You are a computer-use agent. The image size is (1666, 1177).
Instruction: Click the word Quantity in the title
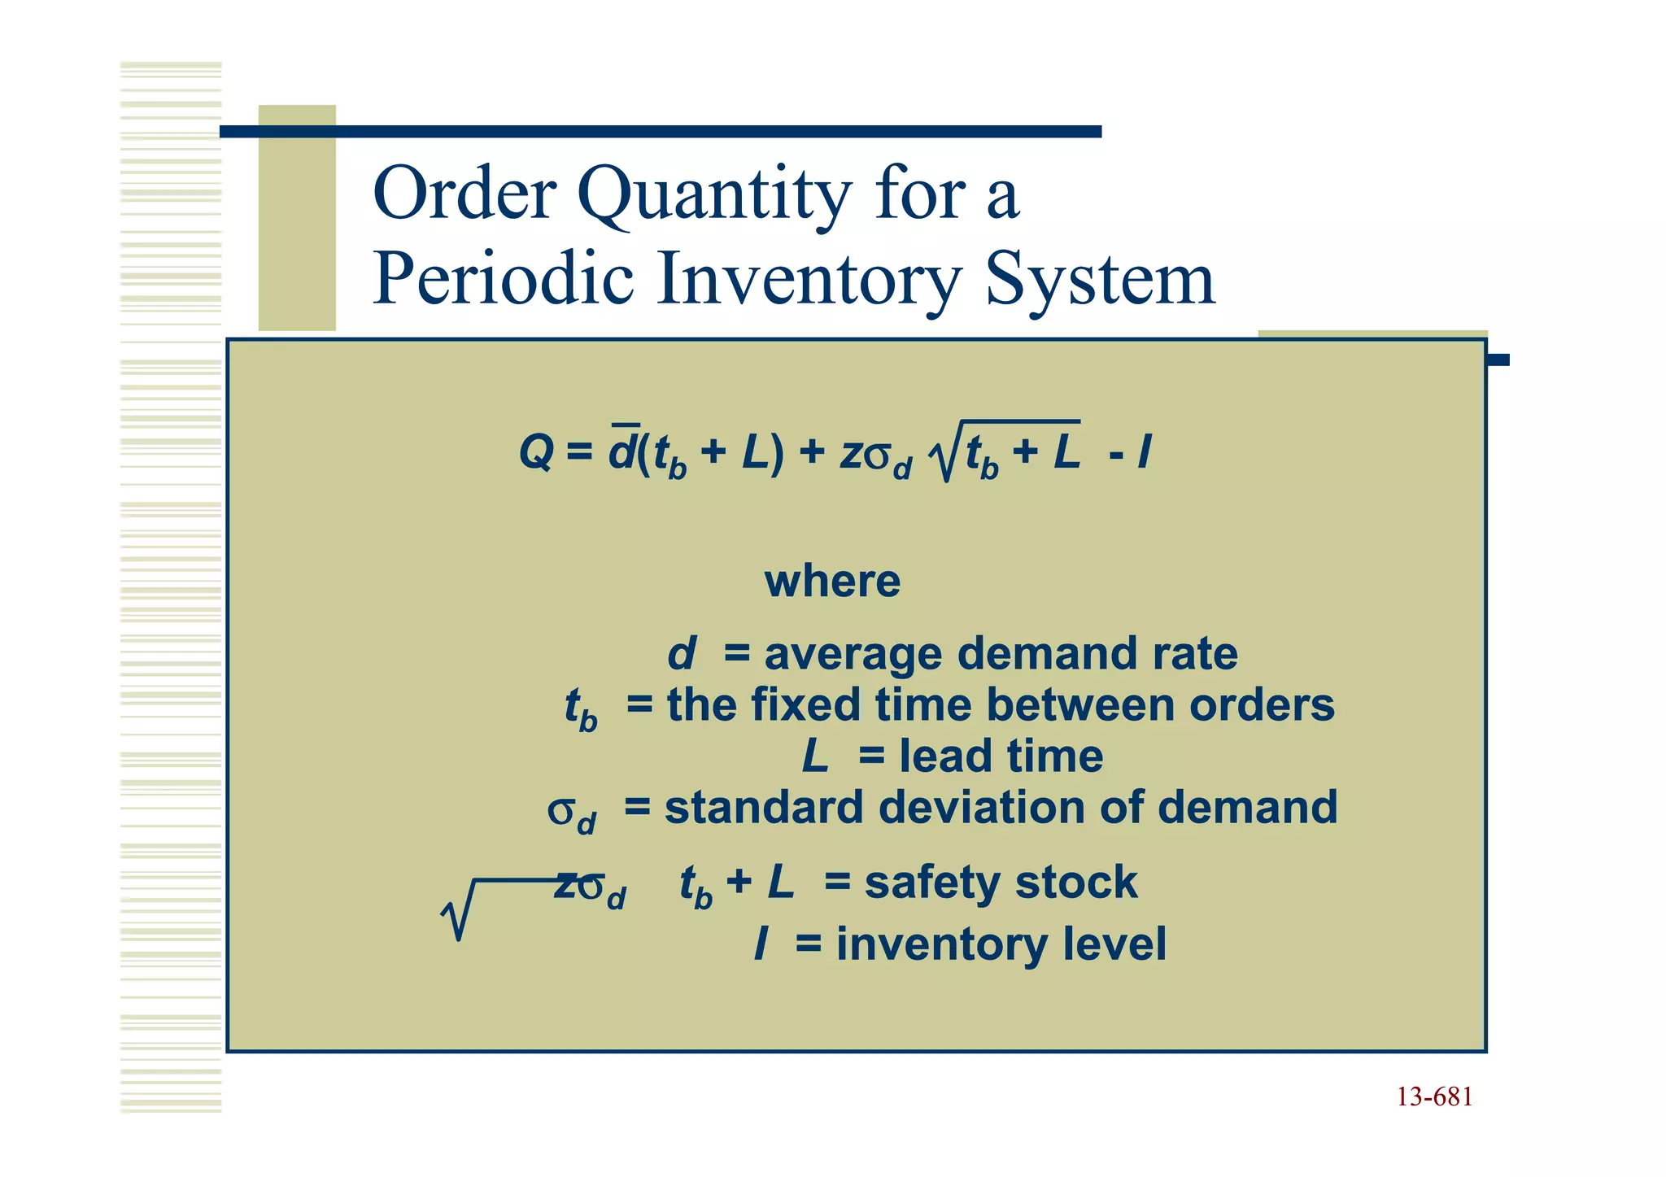(x=714, y=195)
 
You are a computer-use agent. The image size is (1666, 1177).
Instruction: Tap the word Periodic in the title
(x=503, y=278)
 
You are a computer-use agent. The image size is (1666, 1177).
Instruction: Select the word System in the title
(x=1100, y=278)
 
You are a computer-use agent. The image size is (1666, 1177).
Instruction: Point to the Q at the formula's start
(x=535, y=452)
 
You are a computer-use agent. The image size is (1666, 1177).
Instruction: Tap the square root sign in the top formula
(x=947, y=452)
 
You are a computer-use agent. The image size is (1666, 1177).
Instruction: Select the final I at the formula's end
(x=1144, y=452)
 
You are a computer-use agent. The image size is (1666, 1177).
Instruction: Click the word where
(x=832, y=582)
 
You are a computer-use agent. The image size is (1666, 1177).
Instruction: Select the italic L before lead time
(x=814, y=756)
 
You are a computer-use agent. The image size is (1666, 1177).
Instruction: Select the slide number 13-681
(x=1434, y=1097)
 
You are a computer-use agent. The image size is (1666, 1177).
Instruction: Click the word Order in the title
(x=464, y=195)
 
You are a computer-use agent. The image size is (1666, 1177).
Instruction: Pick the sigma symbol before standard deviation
(x=561, y=811)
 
